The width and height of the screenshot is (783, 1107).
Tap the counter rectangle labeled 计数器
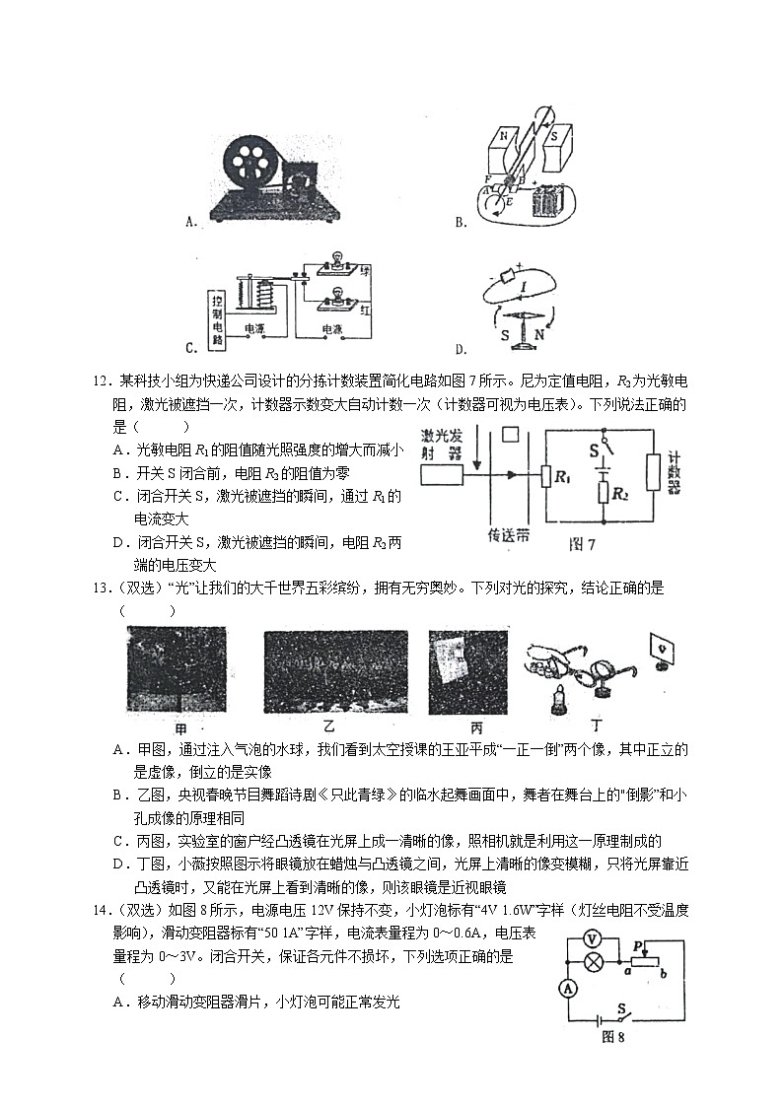coord(652,473)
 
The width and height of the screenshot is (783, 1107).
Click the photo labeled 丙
coord(467,670)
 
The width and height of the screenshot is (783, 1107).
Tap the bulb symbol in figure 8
coord(593,962)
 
